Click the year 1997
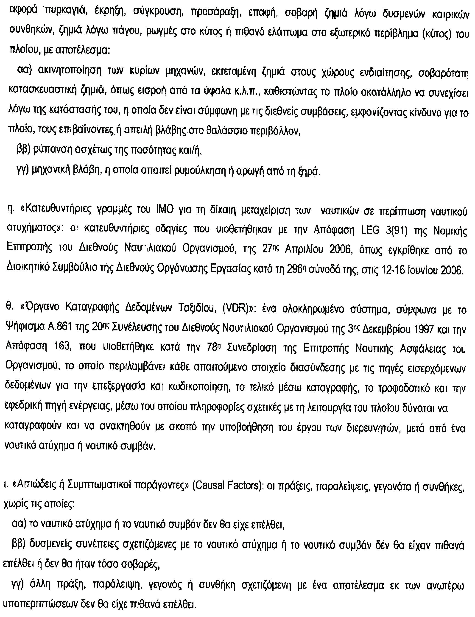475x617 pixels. [x=420, y=329]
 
